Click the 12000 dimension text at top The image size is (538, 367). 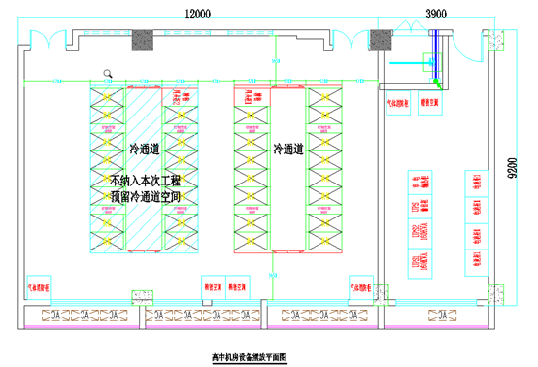click(x=200, y=13)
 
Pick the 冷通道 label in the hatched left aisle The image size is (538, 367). click(x=147, y=150)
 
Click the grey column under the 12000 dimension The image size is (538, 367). click(x=144, y=40)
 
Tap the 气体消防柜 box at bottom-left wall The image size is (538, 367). click(x=44, y=288)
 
